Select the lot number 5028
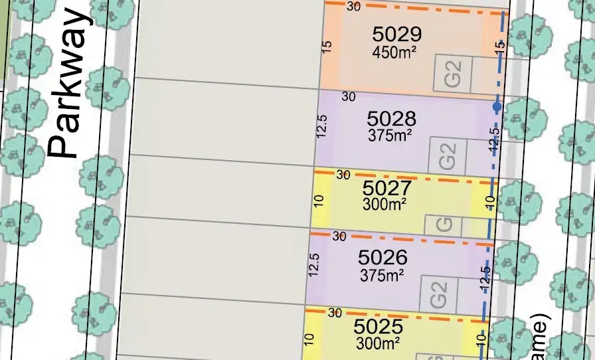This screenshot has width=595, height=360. point(392,119)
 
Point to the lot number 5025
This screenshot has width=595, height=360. point(379,327)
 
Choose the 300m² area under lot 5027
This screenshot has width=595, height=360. point(385,204)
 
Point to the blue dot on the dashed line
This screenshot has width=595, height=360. point(497,106)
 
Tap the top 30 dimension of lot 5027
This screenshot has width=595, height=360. point(344,175)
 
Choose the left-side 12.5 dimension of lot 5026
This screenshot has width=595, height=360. point(315,264)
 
